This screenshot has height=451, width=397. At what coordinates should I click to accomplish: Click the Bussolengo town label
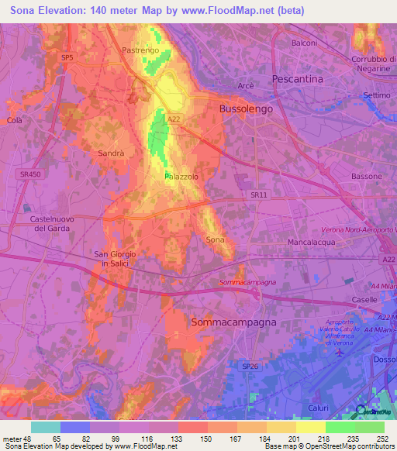tap(246, 109)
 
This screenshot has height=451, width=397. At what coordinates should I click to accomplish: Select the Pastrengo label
tap(140, 50)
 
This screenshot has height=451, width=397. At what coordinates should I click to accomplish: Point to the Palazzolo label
tap(181, 177)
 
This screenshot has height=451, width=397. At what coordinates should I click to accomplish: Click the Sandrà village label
tap(111, 153)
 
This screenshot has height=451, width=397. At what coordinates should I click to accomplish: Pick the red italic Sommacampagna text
tap(247, 284)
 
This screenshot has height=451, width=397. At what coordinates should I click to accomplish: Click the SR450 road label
tap(30, 174)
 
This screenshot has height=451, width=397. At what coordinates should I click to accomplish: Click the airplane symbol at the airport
tap(342, 353)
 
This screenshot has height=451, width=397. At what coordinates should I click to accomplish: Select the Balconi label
tap(304, 43)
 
